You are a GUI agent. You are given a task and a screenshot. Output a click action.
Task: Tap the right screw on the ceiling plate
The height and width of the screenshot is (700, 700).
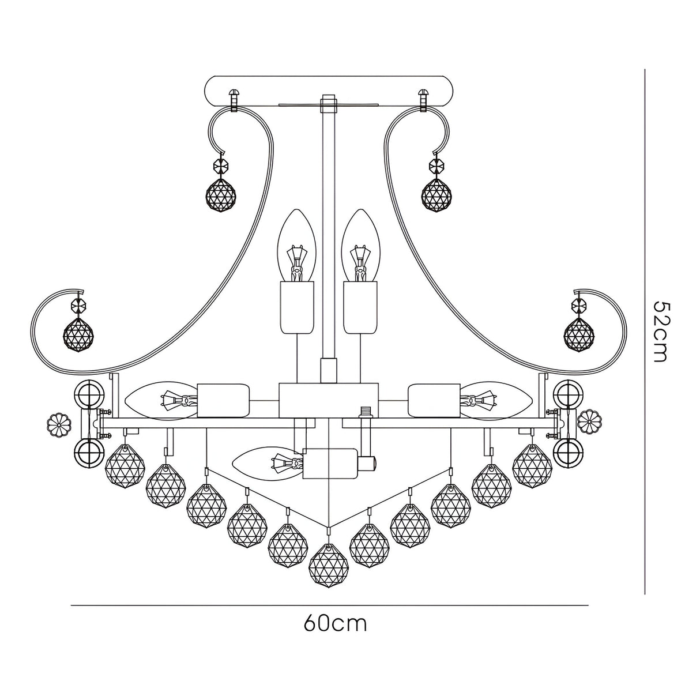424,99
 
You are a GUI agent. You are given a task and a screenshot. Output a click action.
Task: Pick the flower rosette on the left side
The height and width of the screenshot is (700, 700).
59,426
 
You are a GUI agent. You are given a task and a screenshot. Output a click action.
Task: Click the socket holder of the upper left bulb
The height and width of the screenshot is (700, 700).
296,307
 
